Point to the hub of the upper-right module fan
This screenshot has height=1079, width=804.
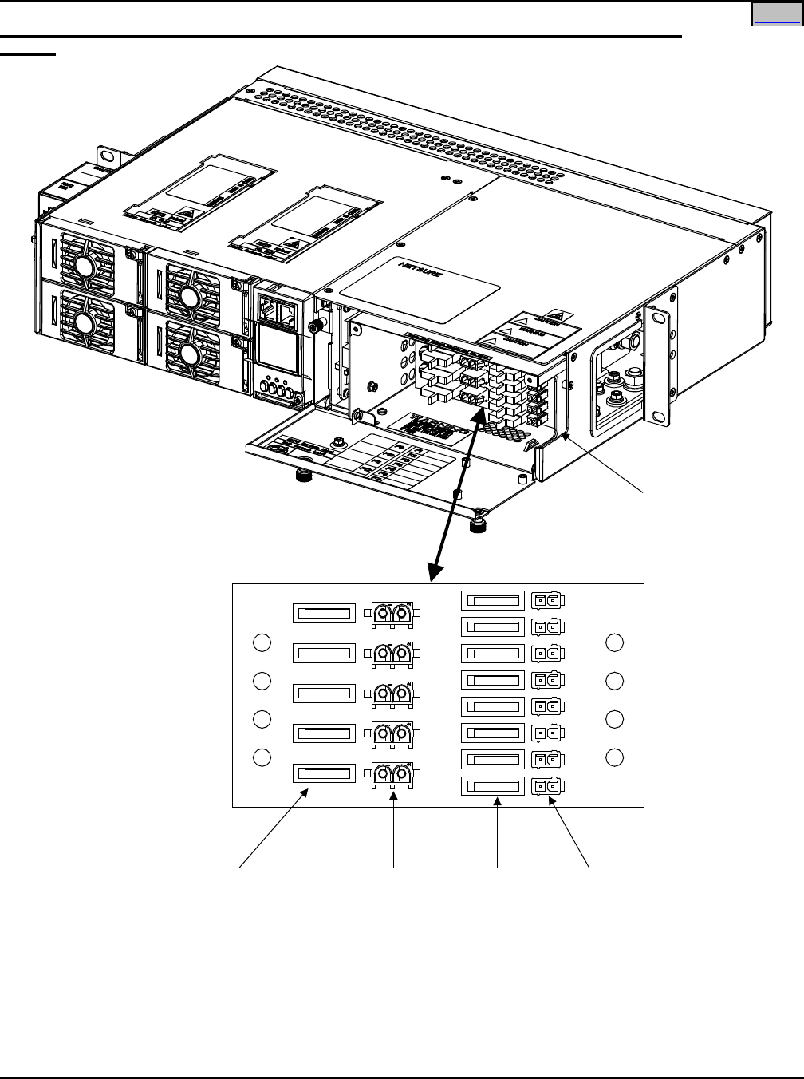[189, 297]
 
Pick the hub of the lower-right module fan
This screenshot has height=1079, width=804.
[189, 354]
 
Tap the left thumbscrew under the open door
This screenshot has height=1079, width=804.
[303, 476]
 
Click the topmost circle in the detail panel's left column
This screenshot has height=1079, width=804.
[262, 642]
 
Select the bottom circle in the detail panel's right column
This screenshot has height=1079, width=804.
[614, 757]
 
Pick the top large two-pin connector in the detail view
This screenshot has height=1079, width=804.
[392, 614]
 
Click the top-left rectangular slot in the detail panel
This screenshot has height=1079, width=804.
[323, 614]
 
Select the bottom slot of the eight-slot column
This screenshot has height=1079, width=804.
[493, 786]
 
